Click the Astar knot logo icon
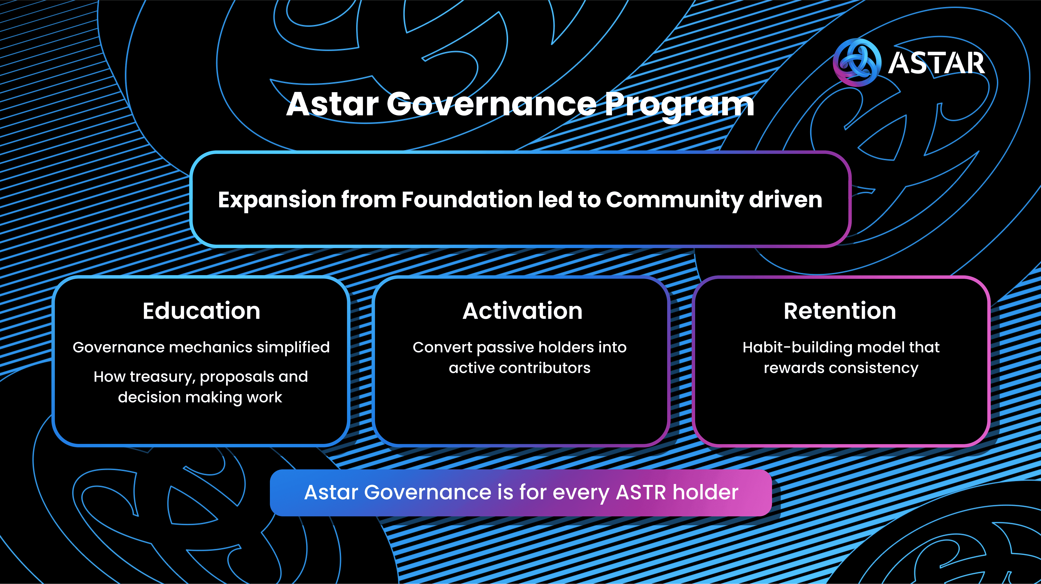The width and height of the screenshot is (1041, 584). pyautogui.click(x=857, y=63)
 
